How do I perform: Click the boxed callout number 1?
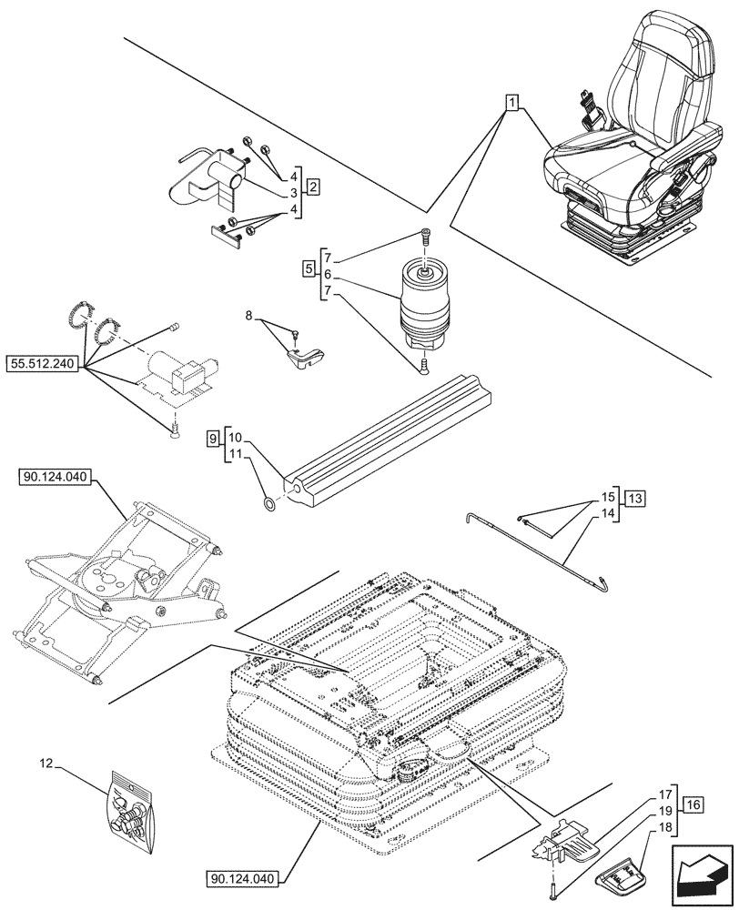tap(513, 104)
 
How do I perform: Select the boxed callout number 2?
tap(312, 188)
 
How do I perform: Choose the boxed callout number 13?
tap(634, 498)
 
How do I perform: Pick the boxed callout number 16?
tap(693, 805)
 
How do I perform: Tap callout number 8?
tap(248, 316)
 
